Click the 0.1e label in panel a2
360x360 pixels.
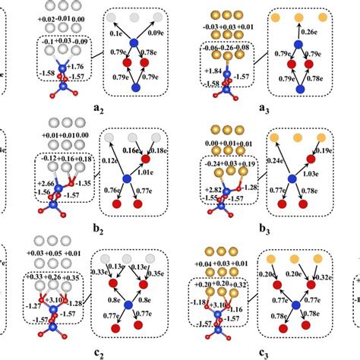[116, 33]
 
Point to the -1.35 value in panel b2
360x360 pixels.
[84, 183]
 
